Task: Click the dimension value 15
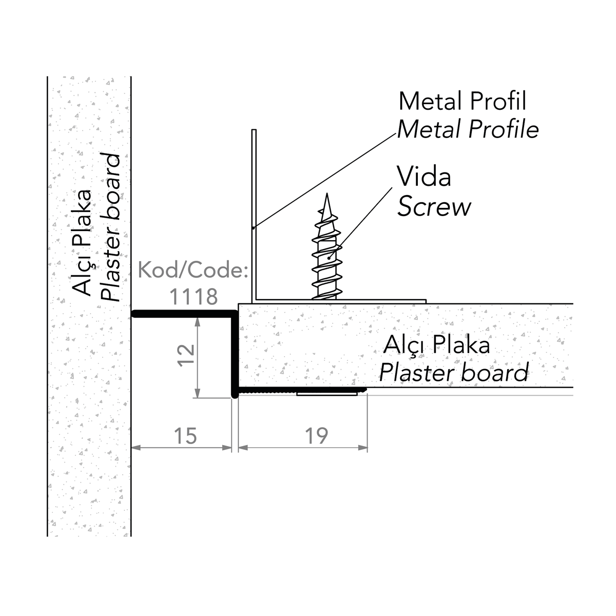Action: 185,436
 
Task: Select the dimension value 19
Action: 316,436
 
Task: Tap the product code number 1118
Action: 194,296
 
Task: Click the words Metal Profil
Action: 463,101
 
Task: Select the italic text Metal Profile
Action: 468,129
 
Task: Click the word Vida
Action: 425,177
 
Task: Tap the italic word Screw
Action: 434,207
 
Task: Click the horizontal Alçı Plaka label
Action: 437,344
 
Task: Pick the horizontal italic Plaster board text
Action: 453,373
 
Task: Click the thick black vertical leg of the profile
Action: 234,354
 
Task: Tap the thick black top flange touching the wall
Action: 182,314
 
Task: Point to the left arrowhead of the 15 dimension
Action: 136,448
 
